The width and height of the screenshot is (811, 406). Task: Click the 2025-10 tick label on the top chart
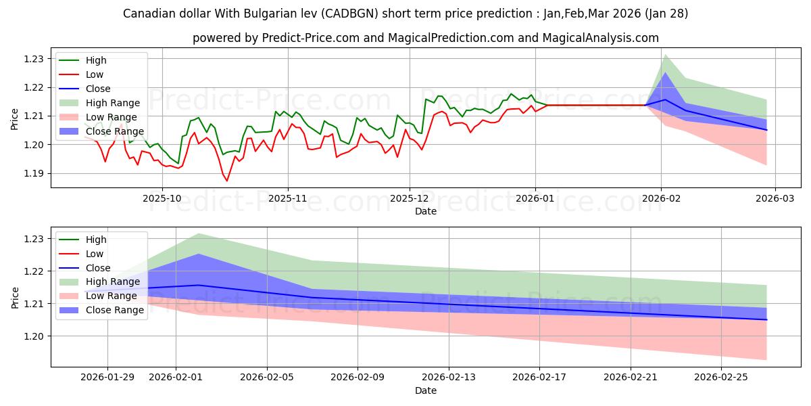162,199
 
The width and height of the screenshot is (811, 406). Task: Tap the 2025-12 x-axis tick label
409,199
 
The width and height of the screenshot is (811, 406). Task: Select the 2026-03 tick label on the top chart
775,199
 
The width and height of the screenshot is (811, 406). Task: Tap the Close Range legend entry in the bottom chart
114,310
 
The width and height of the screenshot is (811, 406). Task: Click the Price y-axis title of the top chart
15,119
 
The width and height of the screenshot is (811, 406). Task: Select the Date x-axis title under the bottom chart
426,390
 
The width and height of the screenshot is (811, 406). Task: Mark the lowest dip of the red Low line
227,181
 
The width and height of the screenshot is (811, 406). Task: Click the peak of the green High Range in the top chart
665,55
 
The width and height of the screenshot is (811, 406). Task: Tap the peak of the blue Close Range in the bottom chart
199,254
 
